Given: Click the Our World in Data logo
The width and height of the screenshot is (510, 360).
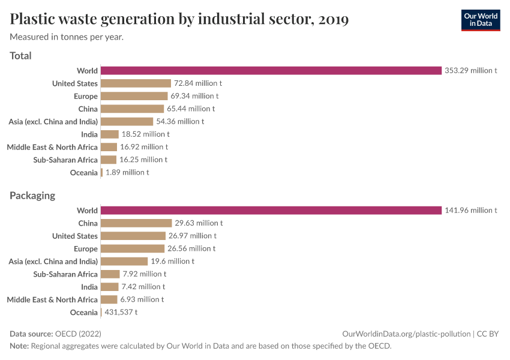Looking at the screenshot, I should [480, 20].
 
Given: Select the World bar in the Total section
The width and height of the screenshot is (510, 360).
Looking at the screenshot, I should [271, 71].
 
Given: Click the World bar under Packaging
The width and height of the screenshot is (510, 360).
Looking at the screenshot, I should [271, 211].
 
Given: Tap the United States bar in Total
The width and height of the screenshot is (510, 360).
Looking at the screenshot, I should [136, 83].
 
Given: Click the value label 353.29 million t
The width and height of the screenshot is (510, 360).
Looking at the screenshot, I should [470, 71].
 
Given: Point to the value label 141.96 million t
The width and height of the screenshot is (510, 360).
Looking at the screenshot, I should [470, 211].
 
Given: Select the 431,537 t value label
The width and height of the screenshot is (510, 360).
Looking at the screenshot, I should [121, 313].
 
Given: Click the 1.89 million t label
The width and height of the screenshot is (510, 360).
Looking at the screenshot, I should [127, 173].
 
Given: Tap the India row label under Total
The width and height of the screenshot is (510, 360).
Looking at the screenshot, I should [89, 134].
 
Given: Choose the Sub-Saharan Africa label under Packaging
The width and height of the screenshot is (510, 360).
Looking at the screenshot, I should [65, 274].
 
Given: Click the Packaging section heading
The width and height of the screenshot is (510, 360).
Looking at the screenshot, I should [32, 196].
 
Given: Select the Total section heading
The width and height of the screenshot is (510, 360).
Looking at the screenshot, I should [20, 56].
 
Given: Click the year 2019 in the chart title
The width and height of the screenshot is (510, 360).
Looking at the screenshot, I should [334, 20].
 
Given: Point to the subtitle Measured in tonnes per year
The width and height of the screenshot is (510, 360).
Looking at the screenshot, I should [67, 37].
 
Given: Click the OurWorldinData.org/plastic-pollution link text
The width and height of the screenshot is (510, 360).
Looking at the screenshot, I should [406, 334].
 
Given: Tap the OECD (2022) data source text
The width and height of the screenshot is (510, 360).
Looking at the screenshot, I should [78, 334].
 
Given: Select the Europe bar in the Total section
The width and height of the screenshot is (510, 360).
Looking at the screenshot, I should [134, 96].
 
